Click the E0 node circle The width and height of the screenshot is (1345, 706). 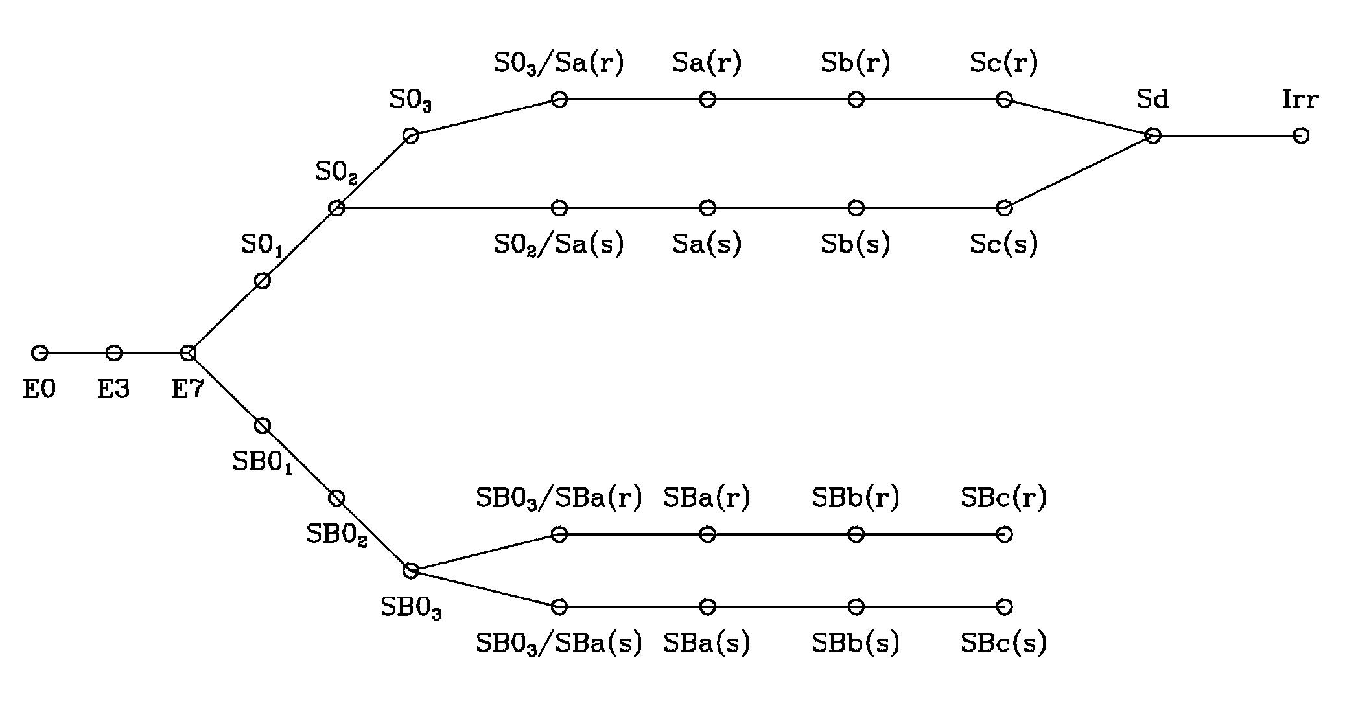tap(40, 353)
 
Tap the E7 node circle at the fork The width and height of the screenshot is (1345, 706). tap(188, 353)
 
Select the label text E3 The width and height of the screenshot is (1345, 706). tap(113, 389)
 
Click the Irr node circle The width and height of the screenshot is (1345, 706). tap(1300, 135)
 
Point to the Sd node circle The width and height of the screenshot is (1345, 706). tap(1152, 135)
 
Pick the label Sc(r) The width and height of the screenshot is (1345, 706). tap(1003, 63)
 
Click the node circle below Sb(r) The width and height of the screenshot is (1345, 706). tap(856, 99)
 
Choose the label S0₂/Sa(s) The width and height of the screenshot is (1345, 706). tap(559, 245)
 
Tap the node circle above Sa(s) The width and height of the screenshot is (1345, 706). tap(707, 208)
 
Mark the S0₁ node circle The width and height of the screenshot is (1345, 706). tap(262, 280)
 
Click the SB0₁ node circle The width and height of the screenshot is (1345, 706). tap(262, 426)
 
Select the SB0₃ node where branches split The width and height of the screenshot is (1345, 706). tap(410, 571)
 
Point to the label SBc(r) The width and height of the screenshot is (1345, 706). tap(1003, 497)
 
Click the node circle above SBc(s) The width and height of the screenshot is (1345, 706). tap(1004, 607)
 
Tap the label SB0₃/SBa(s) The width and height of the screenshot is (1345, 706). tap(559, 643)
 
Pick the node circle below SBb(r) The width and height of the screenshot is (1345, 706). tap(856, 534)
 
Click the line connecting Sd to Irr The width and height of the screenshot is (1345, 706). tap(1226, 135)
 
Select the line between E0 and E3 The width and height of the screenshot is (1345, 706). tap(76, 353)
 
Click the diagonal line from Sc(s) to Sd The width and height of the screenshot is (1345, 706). tap(1078, 172)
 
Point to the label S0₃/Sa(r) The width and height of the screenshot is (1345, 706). tap(559, 63)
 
